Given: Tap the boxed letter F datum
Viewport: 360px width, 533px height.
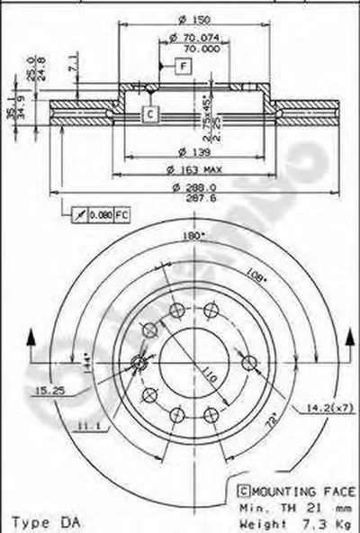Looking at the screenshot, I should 184,68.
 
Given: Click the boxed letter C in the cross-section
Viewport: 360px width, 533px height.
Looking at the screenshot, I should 150,113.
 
